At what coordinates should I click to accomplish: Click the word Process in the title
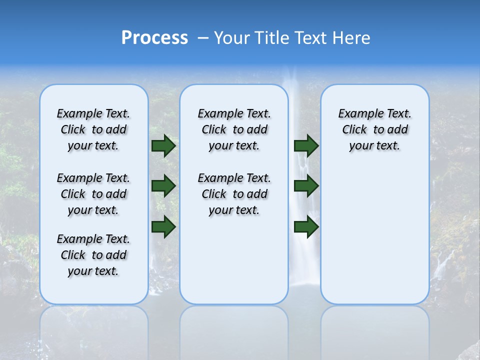click(x=154, y=38)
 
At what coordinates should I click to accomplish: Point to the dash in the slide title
click(x=203, y=38)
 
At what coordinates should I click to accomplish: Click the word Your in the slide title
click(x=232, y=38)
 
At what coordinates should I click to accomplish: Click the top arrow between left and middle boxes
click(x=163, y=146)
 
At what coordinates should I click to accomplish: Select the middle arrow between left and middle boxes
click(x=163, y=186)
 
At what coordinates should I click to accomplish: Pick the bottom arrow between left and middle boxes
click(x=163, y=226)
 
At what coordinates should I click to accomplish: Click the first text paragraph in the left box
click(x=93, y=129)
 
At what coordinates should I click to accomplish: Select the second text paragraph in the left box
click(x=93, y=194)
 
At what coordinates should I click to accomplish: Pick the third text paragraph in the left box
click(x=93, y=255)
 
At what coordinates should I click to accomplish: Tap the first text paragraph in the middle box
click(x=234, y=129)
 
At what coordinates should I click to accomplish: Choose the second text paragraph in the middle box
click(x=234, y=194)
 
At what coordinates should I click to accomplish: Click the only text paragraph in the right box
click(x=375, y=129)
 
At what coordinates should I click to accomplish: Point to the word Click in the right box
click(x=354, y=130)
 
